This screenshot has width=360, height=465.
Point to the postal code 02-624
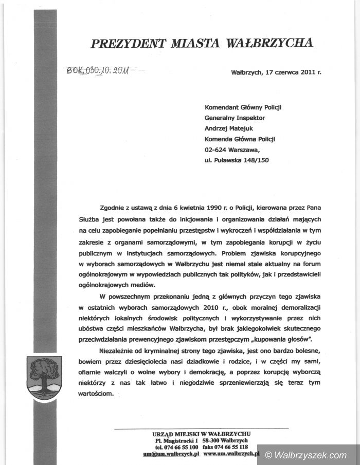[x=216, y=150]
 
